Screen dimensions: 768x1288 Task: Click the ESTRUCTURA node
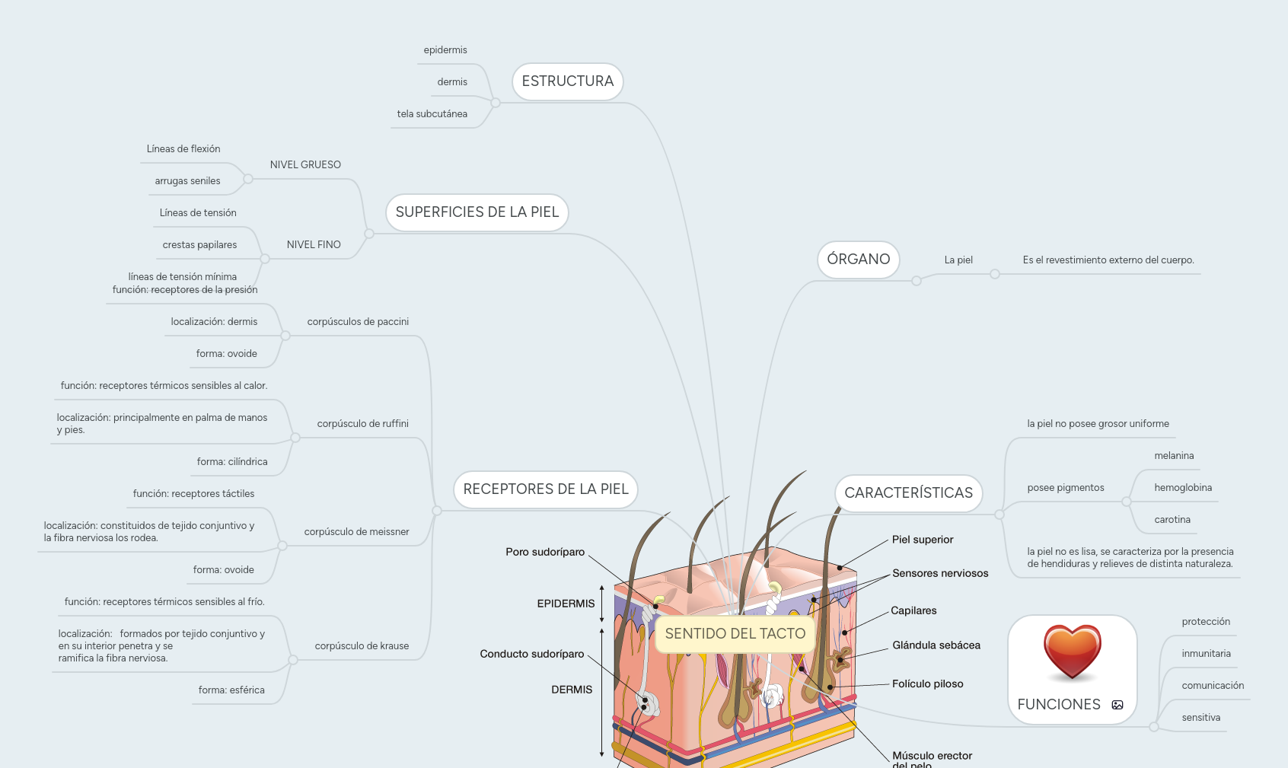click(567, 81)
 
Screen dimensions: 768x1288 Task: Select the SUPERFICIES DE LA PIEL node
click(477, 212)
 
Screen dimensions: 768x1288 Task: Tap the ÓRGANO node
click(858, 260)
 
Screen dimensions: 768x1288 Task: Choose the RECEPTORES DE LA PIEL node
click(545, 489)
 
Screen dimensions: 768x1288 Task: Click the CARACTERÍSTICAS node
click(908, 493)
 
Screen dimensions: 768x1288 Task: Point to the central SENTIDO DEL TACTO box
click(735, 634)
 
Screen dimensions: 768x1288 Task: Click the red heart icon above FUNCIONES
click(1072, 652)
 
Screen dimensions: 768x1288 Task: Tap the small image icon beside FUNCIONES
click(1117, 705)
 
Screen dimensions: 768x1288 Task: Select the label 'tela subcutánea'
click(432, 114)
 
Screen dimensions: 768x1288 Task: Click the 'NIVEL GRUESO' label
click(305, 165)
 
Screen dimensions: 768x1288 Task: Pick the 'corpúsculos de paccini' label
click(358, 322)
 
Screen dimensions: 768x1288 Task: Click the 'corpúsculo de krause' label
click(362, 646)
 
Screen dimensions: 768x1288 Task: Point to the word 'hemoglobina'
click(1183, 488)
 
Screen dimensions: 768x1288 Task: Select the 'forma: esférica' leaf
click(231, 690)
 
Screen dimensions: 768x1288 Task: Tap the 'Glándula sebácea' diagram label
click(936, 645)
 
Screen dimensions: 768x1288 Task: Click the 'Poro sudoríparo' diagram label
click(545, 552)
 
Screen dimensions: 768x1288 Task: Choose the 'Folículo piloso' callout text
click(927, 684)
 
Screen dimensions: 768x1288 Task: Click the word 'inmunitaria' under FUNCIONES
click(1206, 654)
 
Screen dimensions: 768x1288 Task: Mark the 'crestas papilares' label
click(199, 245)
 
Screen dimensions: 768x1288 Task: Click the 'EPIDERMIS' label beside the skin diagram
click(566, 604)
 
